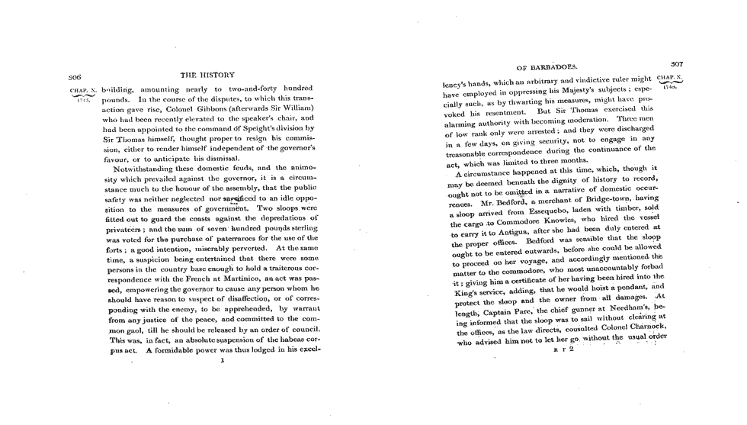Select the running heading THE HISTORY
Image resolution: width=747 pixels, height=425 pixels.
pos(207,75)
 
